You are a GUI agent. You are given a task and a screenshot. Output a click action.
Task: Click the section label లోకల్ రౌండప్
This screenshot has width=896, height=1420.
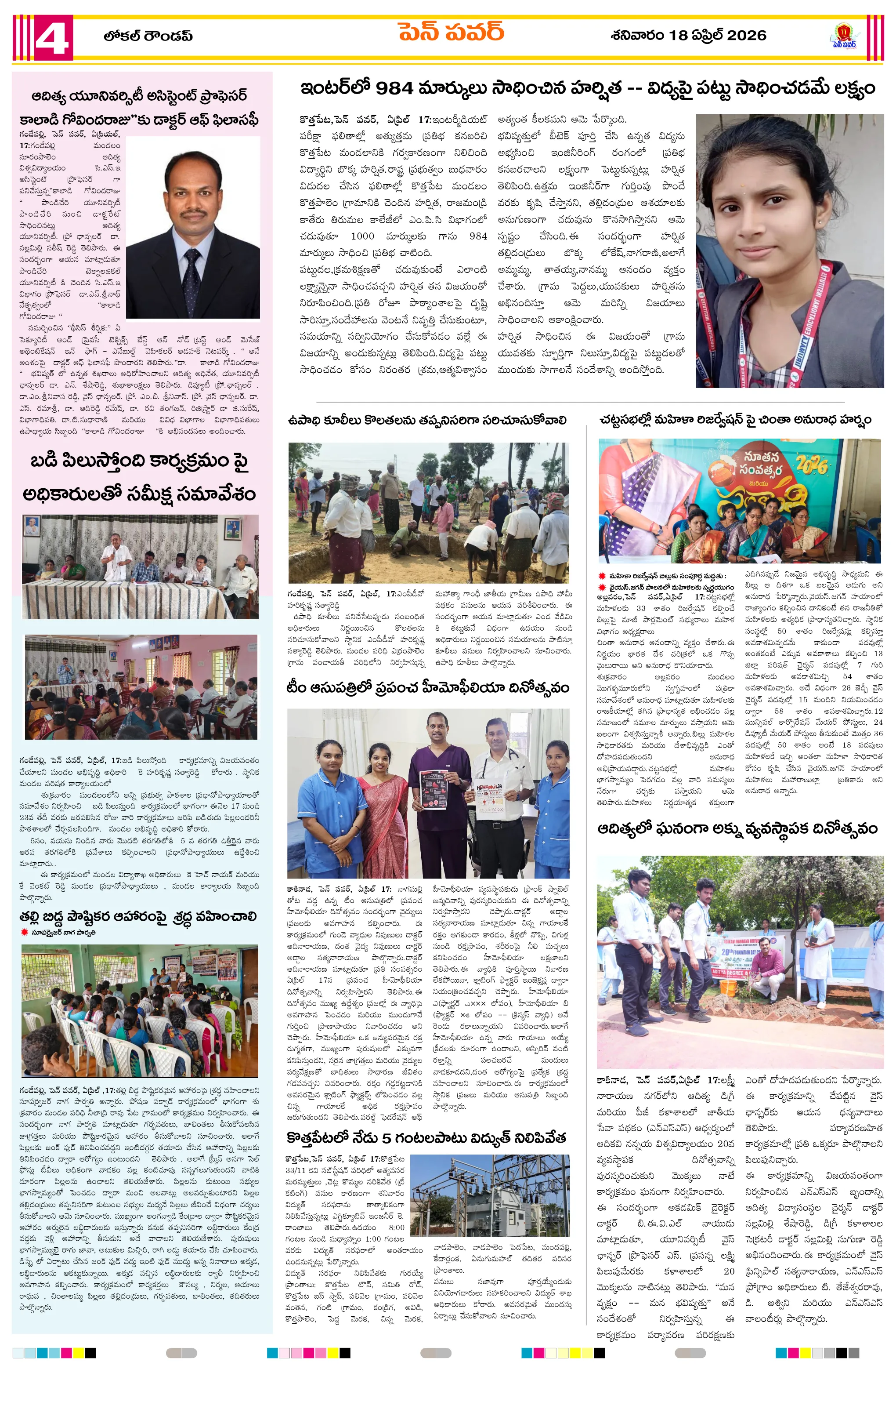148,36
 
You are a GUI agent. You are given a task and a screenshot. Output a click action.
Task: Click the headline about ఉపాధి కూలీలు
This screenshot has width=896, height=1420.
427,420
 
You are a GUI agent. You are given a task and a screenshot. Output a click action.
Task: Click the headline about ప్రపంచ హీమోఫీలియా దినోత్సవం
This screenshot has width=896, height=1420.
428,688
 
